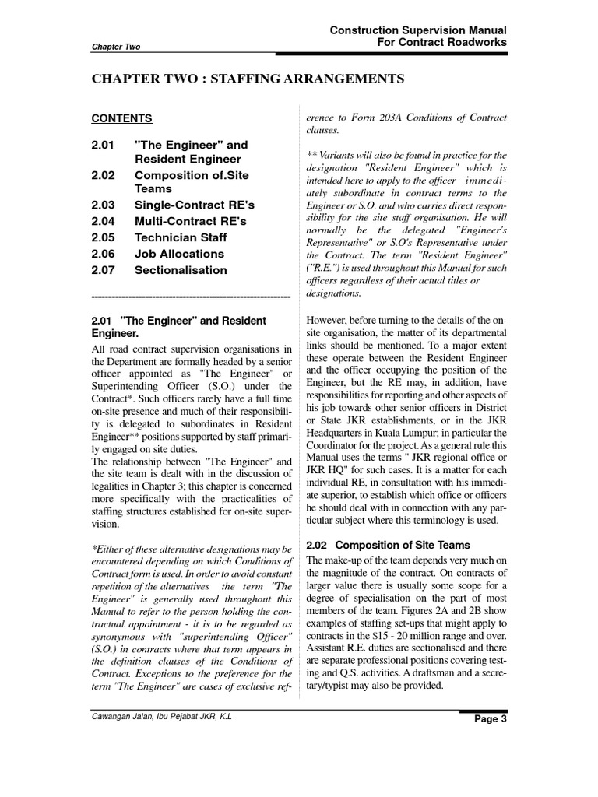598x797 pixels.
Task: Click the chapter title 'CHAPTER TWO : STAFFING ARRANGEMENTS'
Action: click(x=248, y=79)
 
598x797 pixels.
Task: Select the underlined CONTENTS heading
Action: click(x=121, y=119)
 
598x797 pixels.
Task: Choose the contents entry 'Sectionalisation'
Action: click(x=181, y=270)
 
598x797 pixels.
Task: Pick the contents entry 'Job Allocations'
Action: click(x=179, y=254)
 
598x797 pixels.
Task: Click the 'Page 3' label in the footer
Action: click(x=491, y=741)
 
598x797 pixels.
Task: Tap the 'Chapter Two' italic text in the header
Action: click(x=116, y=47)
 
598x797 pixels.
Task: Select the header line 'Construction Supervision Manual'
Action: click(x=419, y=29)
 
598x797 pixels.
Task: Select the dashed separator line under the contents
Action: click(x=191, y=297)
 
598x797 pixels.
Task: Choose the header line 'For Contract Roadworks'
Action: click(x=441, y=42)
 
